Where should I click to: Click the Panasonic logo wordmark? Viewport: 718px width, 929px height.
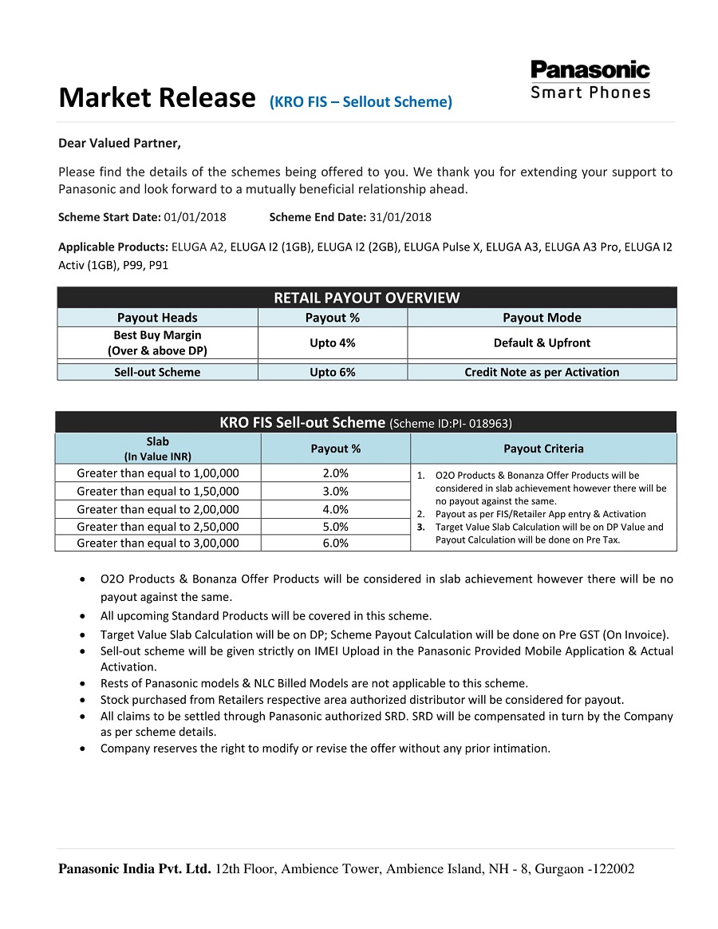[590, 70]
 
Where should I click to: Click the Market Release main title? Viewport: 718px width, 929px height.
[156, 98]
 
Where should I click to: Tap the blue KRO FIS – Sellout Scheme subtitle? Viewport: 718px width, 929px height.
[361, 102]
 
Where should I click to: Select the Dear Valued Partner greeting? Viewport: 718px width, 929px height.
[120, 144]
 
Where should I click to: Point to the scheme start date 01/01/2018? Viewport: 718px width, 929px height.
[195, 217]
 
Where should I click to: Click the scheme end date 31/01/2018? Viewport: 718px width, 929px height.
[400, 217]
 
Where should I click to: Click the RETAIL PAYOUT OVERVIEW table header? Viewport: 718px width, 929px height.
[367, 298]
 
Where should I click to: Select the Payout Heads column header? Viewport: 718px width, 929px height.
[157, 318]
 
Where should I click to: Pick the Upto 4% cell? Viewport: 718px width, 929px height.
[333, 342]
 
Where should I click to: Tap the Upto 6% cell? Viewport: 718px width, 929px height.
[333, 372]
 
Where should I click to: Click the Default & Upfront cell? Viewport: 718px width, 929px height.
[542, 342]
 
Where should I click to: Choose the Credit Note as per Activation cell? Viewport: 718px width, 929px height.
[542, 372]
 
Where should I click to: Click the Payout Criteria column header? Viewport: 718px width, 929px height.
[543, 449]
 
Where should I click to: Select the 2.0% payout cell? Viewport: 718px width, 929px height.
[335, 473]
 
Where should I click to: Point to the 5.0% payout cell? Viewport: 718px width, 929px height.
[335, 527]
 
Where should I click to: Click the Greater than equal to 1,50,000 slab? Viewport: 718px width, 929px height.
[157, 492]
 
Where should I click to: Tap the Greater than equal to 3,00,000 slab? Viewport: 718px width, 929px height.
[157, 544]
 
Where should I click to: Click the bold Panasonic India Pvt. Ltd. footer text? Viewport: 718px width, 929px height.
[135, 869]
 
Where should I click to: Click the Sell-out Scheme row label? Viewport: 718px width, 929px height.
[157, 372]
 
